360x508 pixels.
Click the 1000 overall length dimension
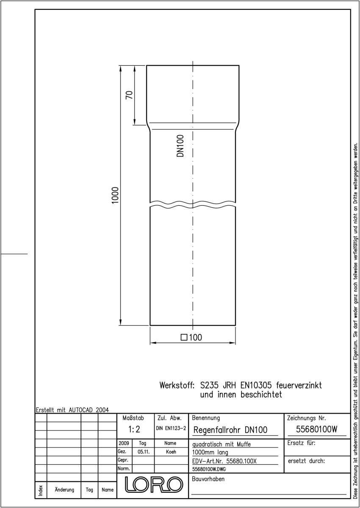[116, 195]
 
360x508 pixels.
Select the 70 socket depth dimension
[129, 95]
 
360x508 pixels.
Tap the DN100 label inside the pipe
[180, 146]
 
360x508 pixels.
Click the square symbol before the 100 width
[184, 337]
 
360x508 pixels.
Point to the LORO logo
[154, 485]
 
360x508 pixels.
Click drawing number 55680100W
[317, 429]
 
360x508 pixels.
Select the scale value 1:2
[134, 429]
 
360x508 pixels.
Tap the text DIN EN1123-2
[171, 428]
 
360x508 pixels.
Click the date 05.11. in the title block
[144, 452]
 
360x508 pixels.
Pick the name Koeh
[171, 452]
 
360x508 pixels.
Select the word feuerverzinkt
[299, 385]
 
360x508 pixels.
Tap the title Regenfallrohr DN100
[230, 430]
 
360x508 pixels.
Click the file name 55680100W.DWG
[209, 469]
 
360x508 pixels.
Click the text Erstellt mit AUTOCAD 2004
[72, 410]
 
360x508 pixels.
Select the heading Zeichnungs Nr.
[307, 418]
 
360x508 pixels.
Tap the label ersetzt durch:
[307, 461]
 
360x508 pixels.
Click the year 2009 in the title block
[124, 443]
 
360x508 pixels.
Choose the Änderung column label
[64, 490]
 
